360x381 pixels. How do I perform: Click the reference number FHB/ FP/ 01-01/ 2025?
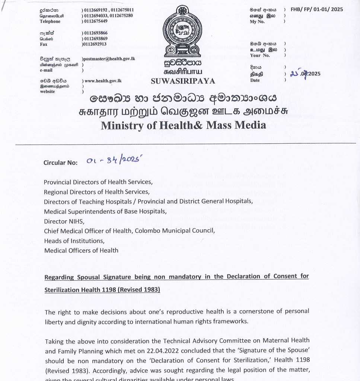(317, 10)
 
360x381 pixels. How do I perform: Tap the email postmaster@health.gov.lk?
(109, 59)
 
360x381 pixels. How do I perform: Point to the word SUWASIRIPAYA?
(183, 81)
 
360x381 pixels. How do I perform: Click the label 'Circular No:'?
(61, 163)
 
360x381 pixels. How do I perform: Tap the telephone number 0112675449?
(96, 21)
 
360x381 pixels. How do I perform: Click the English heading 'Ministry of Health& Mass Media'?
(183, 125)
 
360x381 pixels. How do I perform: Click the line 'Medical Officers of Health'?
(81, 250)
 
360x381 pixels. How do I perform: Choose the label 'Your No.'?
(260, 55)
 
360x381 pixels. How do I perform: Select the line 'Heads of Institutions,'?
(74, 241)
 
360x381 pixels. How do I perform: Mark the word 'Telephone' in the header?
(50, 22)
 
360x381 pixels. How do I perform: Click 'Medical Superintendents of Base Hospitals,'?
(105, 211)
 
